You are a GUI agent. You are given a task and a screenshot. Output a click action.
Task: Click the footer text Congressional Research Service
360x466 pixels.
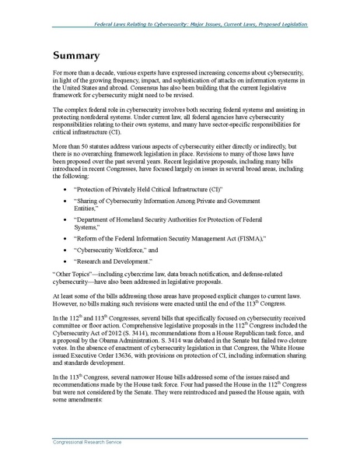coord(86,451)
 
